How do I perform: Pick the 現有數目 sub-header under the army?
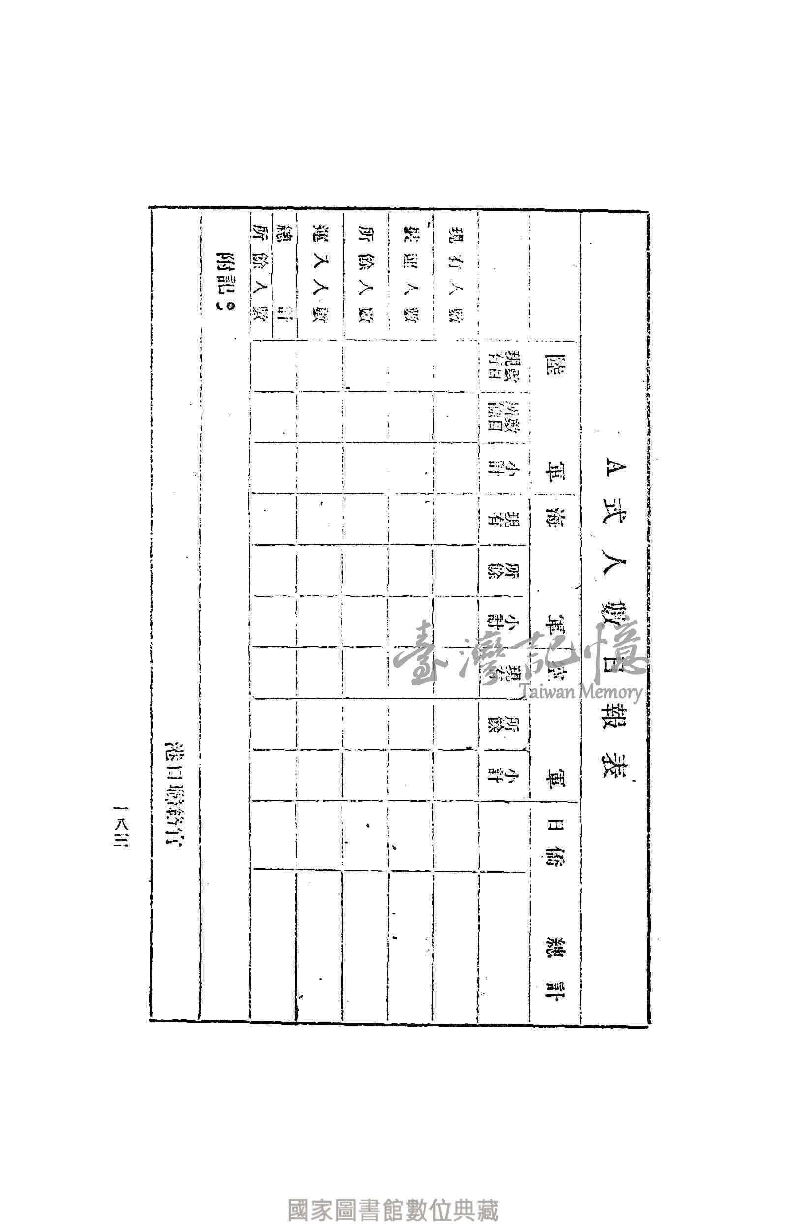tap(503, 366)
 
